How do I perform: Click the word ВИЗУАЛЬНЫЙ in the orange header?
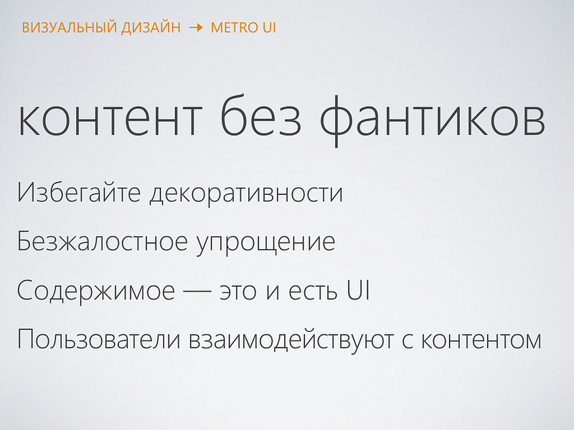point(63,28)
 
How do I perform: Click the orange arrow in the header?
point(196,28)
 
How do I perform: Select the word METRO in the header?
point(232,28)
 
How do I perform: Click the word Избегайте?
point(78,194)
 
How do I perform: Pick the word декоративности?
point(246,194)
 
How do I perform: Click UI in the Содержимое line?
point(358,291)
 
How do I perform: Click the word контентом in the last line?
point(481,340)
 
